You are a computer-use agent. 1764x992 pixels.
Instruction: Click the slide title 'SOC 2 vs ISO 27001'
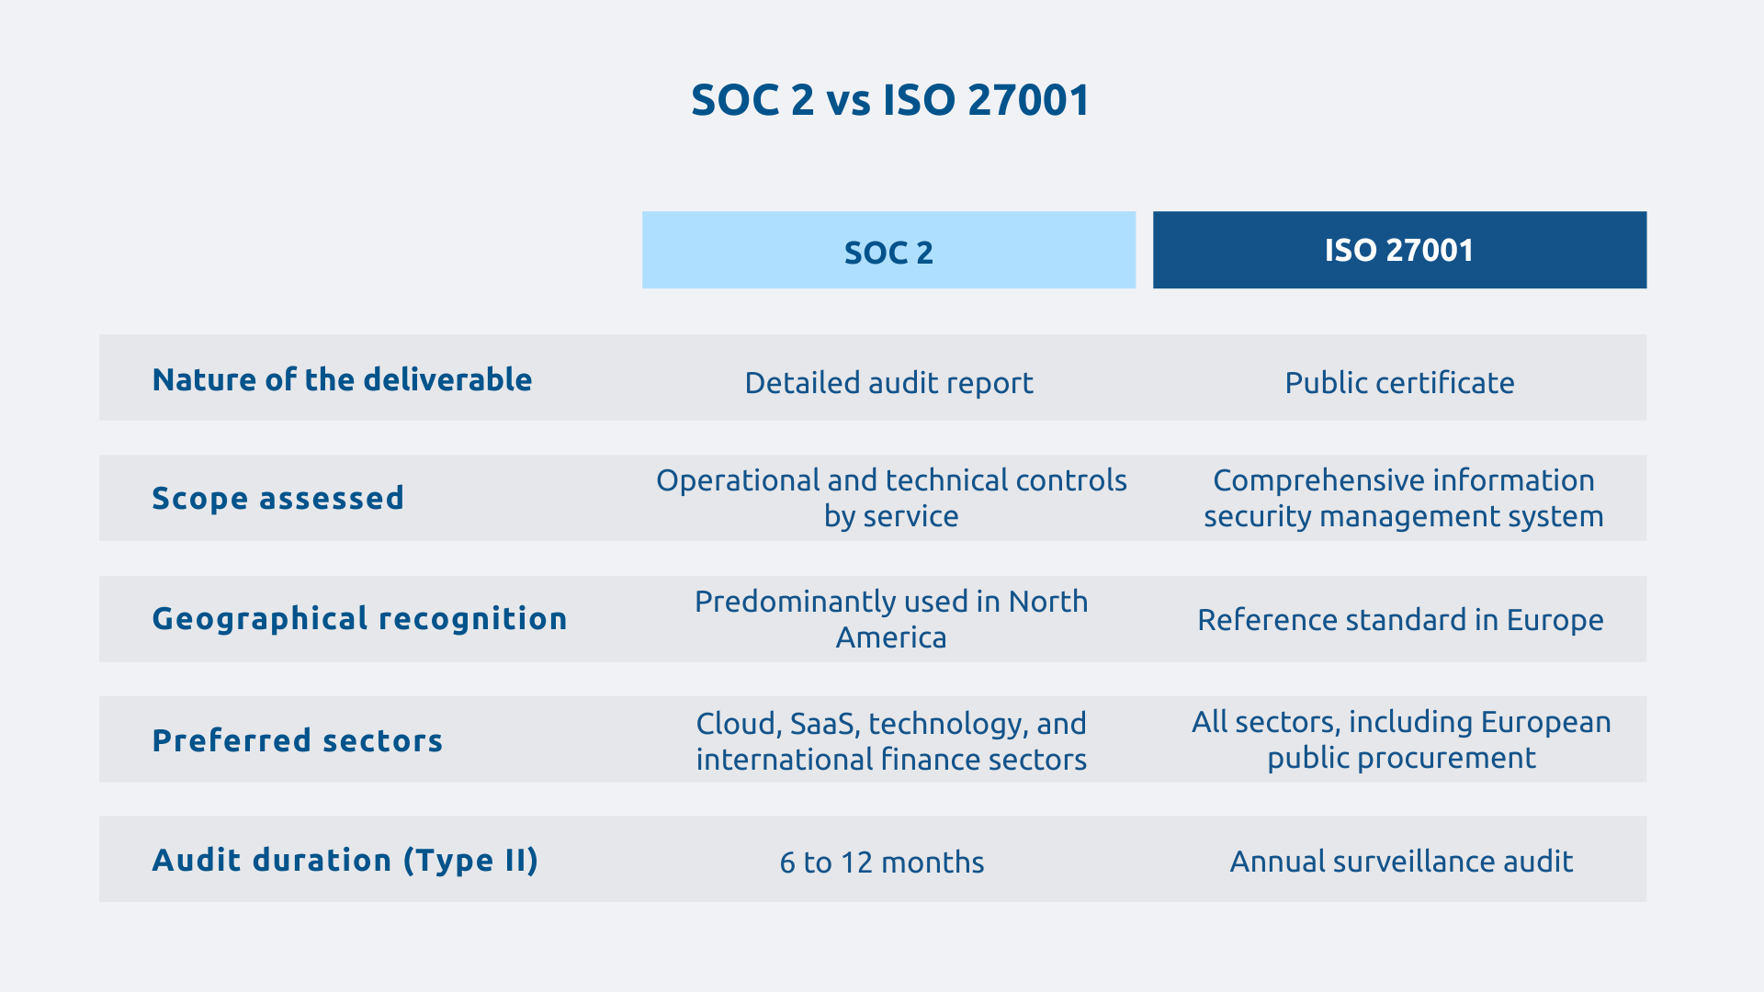coord(889,99)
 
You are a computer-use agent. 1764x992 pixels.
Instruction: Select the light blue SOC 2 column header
coord(888,251)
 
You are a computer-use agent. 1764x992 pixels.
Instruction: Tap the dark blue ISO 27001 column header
coord(1399,250)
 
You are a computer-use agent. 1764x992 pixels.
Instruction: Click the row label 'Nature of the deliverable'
coord(342,379)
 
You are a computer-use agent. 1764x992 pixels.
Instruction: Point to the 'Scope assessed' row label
coord(277,498)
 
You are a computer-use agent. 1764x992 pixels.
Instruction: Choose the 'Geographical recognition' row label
coord(359,618)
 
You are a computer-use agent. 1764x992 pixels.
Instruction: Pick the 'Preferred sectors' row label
coord(297,740)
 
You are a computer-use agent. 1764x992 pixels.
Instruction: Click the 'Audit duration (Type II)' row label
coord(345,860)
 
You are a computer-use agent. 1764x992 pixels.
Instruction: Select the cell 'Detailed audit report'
coord(888,382)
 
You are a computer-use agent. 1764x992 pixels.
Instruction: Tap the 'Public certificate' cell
coord(1399,382)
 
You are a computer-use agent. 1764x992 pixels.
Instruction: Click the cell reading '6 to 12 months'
coord(881,862)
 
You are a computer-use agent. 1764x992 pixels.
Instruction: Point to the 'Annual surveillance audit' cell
coord(1401,861)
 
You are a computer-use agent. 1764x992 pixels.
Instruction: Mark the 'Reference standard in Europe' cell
coord(1400,619)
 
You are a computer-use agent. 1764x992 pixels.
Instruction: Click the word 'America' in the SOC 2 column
coord(890,637)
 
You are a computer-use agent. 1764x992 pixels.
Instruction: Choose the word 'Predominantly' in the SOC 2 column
coord(785,602)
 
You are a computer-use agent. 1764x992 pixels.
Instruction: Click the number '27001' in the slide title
coord(1028,99)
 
